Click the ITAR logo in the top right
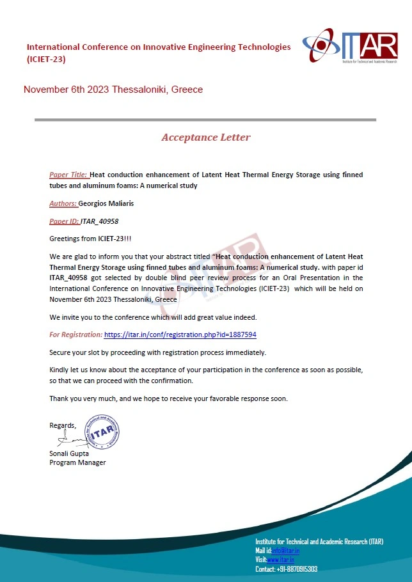pos(350,47)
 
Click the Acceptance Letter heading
pos(206,138)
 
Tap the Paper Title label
pos(68,175)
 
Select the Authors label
pos(63,203)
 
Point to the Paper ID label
pos(64,221)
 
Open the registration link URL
pos(180,334)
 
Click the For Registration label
pos(75,334)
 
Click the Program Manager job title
pos(77,462)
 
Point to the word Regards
pos(63,425)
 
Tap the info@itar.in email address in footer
pos(285,551)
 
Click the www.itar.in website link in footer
pos(281,560)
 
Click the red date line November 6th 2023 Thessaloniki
pos(113,90)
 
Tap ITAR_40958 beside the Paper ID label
pos(100,221)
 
